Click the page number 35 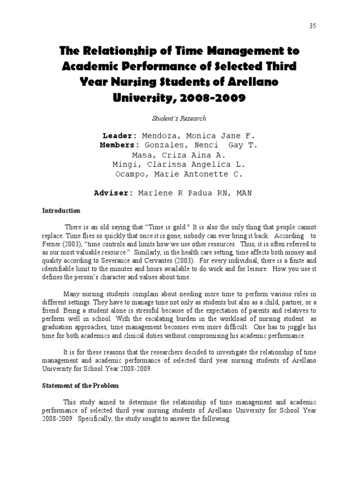coord(313,26)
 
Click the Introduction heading coord(62,211)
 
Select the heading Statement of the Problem coord(81,385)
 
